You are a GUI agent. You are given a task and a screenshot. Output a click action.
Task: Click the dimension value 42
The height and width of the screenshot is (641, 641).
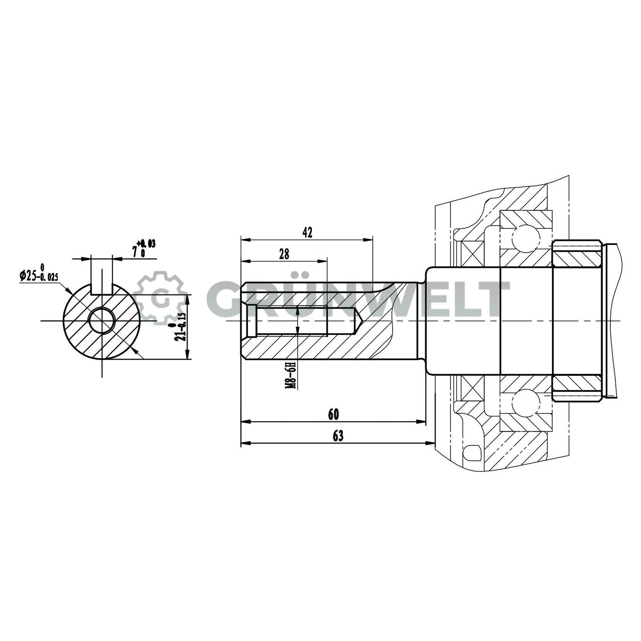(307, 232)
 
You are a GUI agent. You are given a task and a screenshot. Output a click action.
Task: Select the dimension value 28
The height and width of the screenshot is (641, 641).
(284, 254)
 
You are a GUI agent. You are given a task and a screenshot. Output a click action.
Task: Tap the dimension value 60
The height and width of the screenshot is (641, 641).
(333, 414)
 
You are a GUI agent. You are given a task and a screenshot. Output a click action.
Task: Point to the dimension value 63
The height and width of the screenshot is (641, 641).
(338, 436)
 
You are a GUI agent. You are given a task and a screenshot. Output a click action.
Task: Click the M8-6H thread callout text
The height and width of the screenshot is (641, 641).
(291, 375)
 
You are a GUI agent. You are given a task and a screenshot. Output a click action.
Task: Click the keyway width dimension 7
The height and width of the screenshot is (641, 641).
(134, 252)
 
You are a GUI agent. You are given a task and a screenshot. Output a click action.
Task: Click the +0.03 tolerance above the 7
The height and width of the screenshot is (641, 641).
(146, 243)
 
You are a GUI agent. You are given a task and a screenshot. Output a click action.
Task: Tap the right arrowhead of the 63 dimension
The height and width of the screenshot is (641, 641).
(430, 443)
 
